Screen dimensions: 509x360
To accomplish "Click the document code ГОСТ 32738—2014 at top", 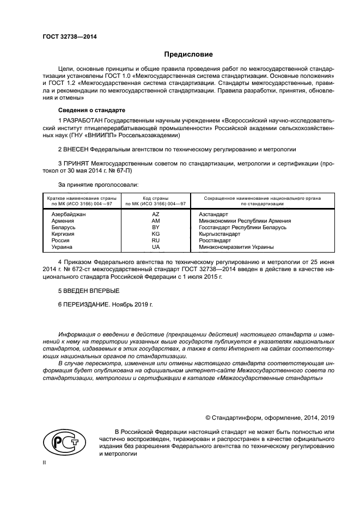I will [66, 37].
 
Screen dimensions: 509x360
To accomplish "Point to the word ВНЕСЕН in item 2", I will [77, 149].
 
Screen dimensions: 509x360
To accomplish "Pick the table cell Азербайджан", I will [69, 214].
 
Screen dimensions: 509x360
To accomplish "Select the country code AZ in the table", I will [155, 214].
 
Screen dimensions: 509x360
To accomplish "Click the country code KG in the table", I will [155, 234].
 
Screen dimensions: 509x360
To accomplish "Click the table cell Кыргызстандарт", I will [219, 234].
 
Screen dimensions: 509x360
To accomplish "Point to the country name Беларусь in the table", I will [63, 227].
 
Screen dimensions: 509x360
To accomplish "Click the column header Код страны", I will [155, 198].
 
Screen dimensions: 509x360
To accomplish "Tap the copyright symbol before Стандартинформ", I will [208, 418].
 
